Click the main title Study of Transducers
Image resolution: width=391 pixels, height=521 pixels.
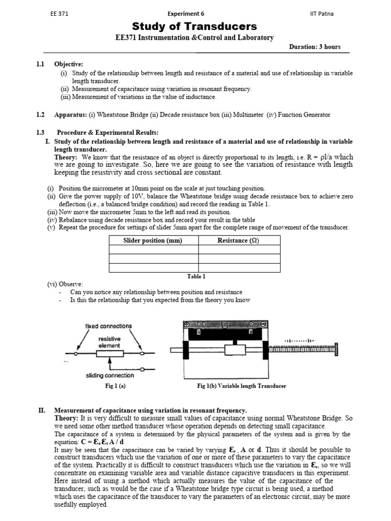[195, 26]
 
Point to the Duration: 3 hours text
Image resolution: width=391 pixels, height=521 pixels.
[315, 47]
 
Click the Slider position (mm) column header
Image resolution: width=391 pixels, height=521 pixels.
[153, 240]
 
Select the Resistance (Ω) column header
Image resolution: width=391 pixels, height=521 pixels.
[238, 240]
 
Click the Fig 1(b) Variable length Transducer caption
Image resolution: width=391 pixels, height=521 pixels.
[242, 386]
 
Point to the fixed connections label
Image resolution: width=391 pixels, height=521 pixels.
[108, 326]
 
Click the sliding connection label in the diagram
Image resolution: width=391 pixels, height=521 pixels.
[110, 375]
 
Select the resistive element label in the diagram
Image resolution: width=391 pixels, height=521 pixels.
[109, 341]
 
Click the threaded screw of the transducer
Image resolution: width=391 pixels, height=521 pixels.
[303, 349]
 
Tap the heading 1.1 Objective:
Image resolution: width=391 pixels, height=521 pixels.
[63, 64]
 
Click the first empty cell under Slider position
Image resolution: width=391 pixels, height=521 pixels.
[153, 250]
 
